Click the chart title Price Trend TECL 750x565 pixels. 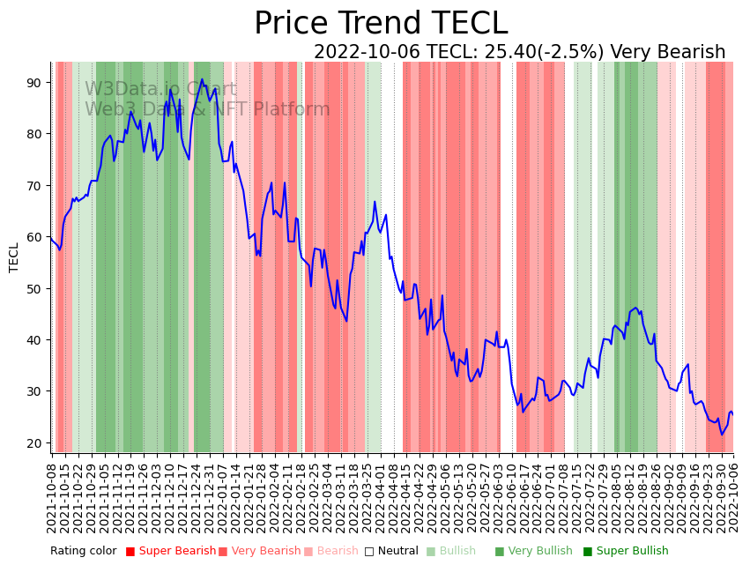[381, 24]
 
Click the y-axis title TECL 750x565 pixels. [14, 257]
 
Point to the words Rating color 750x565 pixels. [83, 552]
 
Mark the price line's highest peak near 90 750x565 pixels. [202, 79]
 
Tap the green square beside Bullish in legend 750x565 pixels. [430, 552]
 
